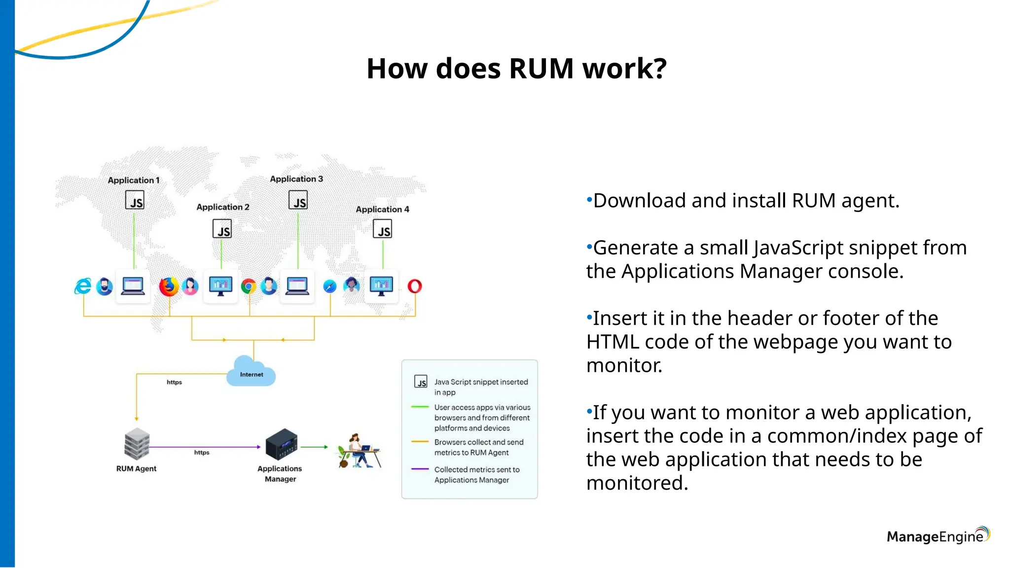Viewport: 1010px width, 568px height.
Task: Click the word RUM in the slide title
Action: coord(541,69)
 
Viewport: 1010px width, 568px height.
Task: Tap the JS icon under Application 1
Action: coord(135,200)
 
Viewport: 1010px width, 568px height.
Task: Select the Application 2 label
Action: coord(223,207)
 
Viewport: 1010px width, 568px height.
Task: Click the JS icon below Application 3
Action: coord(298,200)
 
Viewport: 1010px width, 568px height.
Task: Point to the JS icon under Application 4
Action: coord(382,229)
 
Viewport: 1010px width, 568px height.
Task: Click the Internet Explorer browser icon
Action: coord(83,286)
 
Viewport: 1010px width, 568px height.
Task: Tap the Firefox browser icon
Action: coord(169,286)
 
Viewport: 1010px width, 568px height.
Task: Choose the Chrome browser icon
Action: coord(249,286)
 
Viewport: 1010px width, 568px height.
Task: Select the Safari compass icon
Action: coord(329,286)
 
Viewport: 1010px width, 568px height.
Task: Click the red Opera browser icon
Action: coord(415,286)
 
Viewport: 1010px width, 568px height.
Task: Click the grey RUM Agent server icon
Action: coord(137,443)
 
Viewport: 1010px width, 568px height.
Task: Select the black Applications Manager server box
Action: coord(282,444)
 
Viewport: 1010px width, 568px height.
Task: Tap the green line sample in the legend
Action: coord(420,407)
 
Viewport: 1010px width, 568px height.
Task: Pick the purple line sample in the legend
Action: coord(420,469)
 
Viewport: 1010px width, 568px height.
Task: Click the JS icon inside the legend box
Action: coord(421,382)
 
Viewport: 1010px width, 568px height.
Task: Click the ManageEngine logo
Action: coord(938,536)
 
